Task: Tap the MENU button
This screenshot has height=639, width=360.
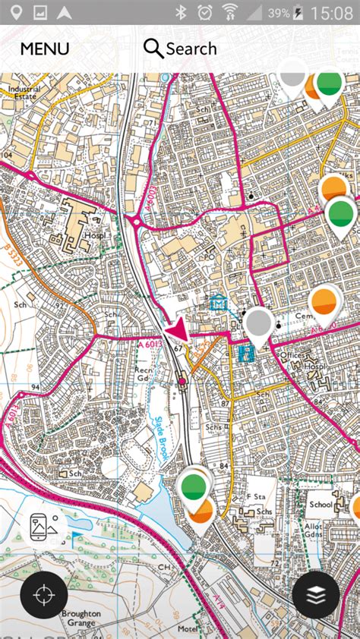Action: (x=44, y=49)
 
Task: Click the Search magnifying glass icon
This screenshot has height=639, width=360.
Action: (x=153, y=49)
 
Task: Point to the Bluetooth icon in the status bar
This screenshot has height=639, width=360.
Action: (x=181, y=12)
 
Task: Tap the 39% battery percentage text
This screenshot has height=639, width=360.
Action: (x=278, y=13)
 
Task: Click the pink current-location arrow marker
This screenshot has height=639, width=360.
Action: (x=177, y=331)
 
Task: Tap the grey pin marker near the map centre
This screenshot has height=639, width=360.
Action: (x=258, y=324)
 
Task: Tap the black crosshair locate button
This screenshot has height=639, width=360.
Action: (x=44, y=595)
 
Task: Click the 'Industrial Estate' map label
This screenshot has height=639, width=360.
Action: (x=24, y=93)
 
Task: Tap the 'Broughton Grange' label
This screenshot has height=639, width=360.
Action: (x=80, y=618)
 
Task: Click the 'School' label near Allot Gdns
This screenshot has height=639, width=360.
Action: (x=321, y=504)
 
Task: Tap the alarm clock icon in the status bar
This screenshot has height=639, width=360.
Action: (x=204, y=12)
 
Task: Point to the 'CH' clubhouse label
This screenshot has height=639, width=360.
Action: (x=164, y=567)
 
